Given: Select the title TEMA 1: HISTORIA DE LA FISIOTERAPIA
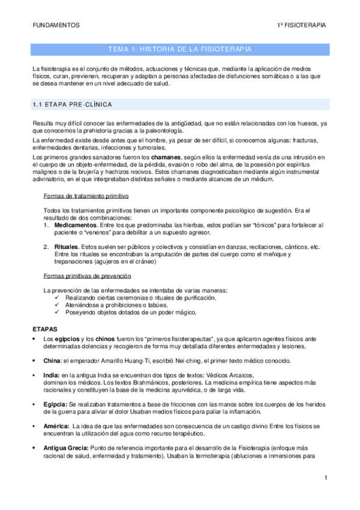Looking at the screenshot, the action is pos(180,49).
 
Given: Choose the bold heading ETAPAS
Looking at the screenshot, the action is pos(45,330).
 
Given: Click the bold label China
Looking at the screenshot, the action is pos(52,361).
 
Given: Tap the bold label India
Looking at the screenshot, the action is pos(50,375).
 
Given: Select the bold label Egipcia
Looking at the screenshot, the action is pos(55,404).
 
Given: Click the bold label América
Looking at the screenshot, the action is pos(57,426).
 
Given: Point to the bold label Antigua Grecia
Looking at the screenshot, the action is pos(66,448).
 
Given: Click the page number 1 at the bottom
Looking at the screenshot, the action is pos(325,478).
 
